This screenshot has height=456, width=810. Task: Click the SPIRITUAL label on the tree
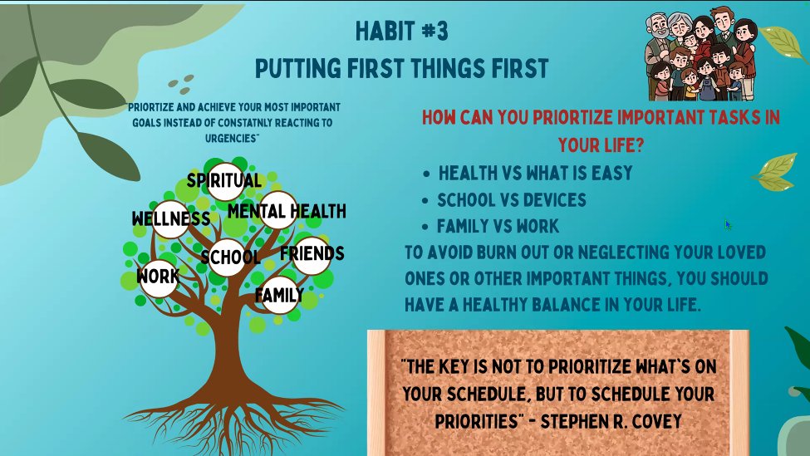point(224,180)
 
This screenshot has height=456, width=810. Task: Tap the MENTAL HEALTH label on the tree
point(287,211)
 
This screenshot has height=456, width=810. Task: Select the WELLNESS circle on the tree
point(171,219)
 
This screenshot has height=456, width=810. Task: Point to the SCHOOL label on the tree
point(230,257)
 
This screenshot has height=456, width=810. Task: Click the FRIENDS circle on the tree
point(312,253)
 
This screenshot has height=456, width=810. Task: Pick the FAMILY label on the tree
point(279,295)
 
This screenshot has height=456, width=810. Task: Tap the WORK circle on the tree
point(158,276)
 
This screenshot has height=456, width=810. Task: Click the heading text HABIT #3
point(401,31)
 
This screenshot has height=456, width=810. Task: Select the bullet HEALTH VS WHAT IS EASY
point(535,174)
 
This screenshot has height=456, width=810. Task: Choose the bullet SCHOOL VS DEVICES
point(512,200)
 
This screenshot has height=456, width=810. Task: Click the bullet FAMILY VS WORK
point(498,226)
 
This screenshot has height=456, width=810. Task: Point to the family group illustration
point(700,54)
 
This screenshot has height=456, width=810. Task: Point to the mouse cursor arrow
point(728,224)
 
